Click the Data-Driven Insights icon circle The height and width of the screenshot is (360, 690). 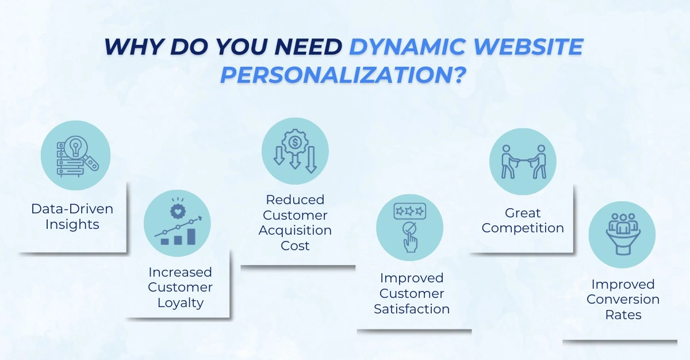point(75,155)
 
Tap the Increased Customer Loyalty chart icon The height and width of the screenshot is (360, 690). point(177,224)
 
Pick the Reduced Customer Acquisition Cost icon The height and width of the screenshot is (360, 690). point(295,152)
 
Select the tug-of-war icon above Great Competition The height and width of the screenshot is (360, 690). point(523,162)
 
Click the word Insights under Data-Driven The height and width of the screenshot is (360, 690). point(73,224)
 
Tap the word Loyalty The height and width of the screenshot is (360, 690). point(180,302)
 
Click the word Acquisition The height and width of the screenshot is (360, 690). point(295,230)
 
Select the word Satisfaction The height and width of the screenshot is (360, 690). point(412,309)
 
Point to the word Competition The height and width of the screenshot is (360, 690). point(523,228)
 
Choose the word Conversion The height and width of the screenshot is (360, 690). point(623,300)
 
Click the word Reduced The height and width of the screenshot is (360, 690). point(295,200)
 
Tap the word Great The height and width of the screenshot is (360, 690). point(523,213)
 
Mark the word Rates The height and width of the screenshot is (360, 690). point(623,315)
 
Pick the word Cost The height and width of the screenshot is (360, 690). point(295,246)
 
